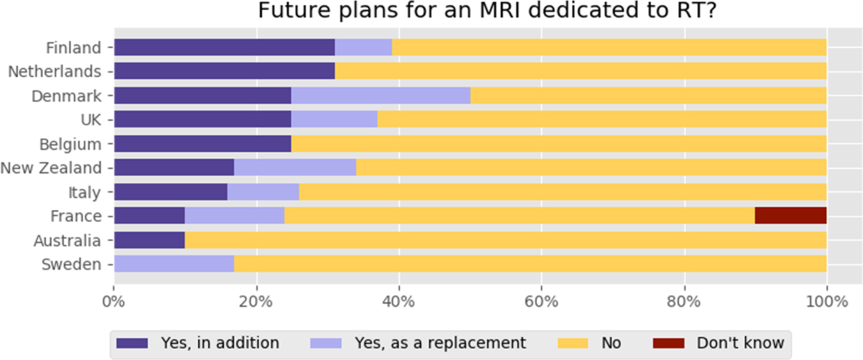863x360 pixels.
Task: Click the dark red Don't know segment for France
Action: (x=790, y=216)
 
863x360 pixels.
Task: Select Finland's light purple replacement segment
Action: (x=363, y=47)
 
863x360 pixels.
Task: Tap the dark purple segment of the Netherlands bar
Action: (x=224, y=71)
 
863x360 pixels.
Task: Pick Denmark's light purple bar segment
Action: (x=380, y=95)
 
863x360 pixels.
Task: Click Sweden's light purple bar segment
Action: (x=174, y=265)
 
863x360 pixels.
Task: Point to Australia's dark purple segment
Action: (x=149, y=240)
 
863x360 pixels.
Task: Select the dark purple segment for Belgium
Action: (x=203, y=144)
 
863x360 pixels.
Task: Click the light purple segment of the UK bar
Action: (x=334, y=120)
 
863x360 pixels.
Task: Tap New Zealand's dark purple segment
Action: (x=174, y=168)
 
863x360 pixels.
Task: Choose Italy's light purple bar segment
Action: (x=263, y=192)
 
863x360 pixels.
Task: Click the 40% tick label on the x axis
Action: (x=399, y=302)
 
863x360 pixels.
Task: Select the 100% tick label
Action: (x=826, y=302)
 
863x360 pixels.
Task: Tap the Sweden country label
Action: (x=70, y=265)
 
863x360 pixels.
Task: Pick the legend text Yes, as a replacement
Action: (x=440, y=343)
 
